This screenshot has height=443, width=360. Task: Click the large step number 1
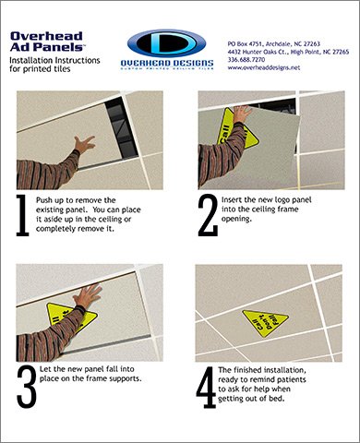(x=22, y=215)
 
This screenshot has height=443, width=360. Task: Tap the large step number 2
(x=208, y=215)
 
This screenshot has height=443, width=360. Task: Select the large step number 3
(x=27, y=387)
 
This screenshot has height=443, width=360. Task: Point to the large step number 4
(x=206, y=387)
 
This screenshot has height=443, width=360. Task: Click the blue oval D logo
(x=166, y=43)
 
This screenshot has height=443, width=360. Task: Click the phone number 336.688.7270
(x=246, y=60)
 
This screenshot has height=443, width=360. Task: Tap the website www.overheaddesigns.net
(x=264, y=67)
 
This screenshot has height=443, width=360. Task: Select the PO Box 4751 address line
(x=274, y=44)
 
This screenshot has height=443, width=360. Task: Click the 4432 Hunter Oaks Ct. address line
(x=288, y=52)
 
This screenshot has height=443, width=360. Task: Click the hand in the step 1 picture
(x=84, y=144)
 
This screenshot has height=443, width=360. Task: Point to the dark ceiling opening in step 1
(x=121, y=128)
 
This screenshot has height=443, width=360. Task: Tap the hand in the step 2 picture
(x=242, y=114)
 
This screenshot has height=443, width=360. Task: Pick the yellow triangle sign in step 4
(x=265, y=324)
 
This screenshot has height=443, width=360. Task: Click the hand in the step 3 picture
(x=88, y=295)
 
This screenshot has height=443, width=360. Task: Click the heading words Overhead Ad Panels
(x=47, y=42)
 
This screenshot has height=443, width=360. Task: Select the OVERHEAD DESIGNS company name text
(x=167, y=63)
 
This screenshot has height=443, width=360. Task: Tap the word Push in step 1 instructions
(x=44, y=200)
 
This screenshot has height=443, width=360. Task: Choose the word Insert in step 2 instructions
(x=232, y=199)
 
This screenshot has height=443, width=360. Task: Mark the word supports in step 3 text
(x=126, y=378)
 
